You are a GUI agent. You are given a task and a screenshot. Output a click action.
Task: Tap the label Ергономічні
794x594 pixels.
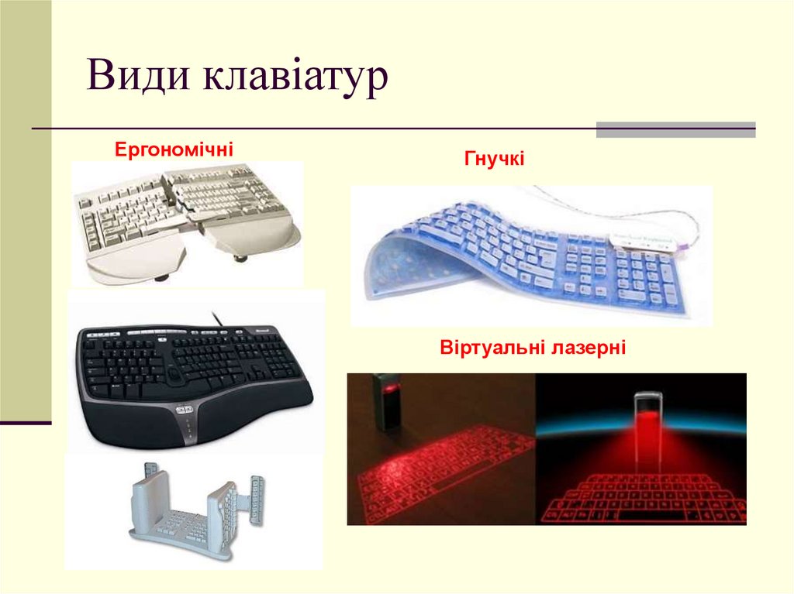click(174, 147)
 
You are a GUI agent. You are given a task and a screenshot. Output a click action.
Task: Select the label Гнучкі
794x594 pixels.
click(495, 160)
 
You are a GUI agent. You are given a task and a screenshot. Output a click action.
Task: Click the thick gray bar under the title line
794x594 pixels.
click(675, 129)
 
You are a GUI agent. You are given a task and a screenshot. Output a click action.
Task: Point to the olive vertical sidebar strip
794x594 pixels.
click(26, 209)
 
